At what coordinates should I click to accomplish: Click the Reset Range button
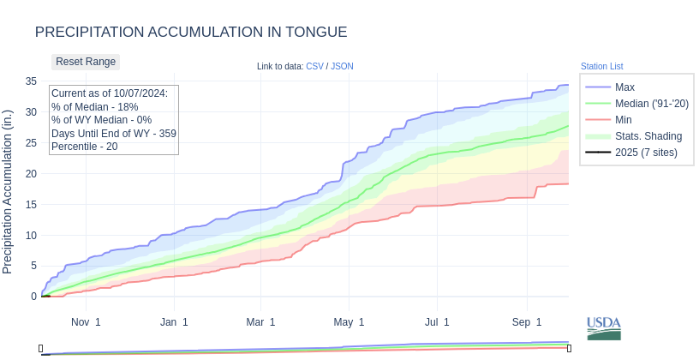pos(86,62)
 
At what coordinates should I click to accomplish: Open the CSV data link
pos(314,66)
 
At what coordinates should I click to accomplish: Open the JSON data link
pos(342,66)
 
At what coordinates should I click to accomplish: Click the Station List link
pos(601,66)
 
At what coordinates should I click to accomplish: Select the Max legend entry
pos(624,87)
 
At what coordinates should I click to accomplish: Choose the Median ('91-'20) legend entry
pos(651,104)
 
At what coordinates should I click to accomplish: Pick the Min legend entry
pos(624,120)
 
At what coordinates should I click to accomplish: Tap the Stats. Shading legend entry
pos(648,136)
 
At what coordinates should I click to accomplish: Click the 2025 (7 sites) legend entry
pos(646,153)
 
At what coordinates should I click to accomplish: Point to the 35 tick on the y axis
pos(31,81)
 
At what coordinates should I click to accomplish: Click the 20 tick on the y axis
pos(31,173)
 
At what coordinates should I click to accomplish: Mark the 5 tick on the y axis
pos(33,266)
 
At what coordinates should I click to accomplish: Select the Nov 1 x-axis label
pos(86,322)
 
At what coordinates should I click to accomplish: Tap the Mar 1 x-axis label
pos(260,322)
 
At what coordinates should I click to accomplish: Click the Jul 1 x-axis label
pos(437,322)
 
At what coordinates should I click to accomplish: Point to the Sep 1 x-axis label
pos(527,322)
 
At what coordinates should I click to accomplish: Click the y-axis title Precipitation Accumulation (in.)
pos(8,192)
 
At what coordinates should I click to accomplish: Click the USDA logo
pos(604,328)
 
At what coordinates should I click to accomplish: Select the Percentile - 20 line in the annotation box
pos(84,147)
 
